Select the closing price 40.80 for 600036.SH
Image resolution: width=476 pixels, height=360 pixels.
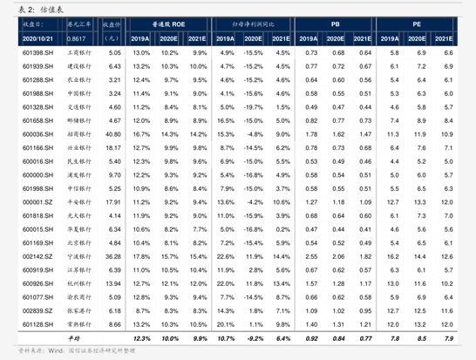click(112, 134)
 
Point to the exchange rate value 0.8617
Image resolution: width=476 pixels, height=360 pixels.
click(76, 39)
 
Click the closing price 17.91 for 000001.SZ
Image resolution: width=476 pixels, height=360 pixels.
click(112, 202)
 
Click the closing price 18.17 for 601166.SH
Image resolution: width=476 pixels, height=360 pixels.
click(112, 148)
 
